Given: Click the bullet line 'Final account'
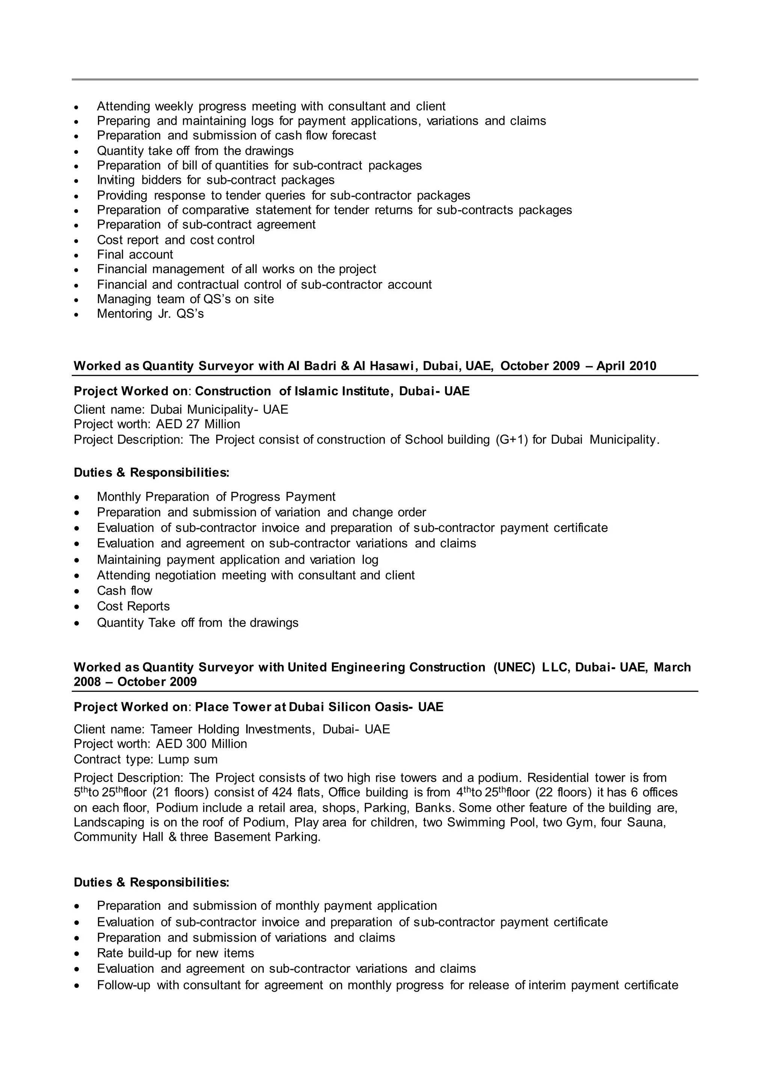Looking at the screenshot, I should pos(135,255).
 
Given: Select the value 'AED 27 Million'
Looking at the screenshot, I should pos(198,424).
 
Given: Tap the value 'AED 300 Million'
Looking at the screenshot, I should pos(201,744).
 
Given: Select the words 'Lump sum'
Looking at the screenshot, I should pos(187,759).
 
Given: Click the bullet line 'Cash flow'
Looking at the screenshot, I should pos(125,591).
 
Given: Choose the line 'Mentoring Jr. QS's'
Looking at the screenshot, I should pos(150,314).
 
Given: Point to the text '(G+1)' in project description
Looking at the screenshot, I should pos(511,440).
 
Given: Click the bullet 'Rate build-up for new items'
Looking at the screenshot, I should pos(175,953).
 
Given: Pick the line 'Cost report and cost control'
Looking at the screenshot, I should pos(176,240).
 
